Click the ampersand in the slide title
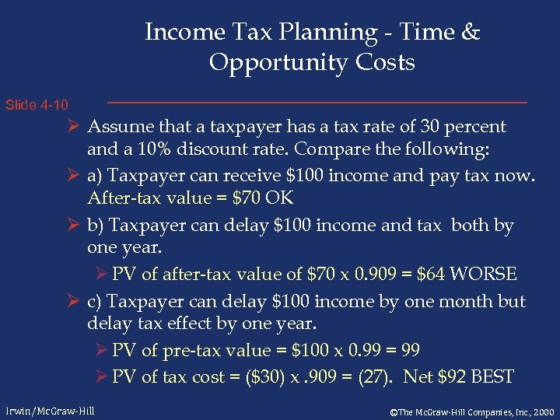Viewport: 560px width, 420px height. (x=471, y=33)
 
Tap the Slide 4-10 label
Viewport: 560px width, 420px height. (x=37, y=104)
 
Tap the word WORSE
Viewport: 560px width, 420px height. (x=484, y=274)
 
